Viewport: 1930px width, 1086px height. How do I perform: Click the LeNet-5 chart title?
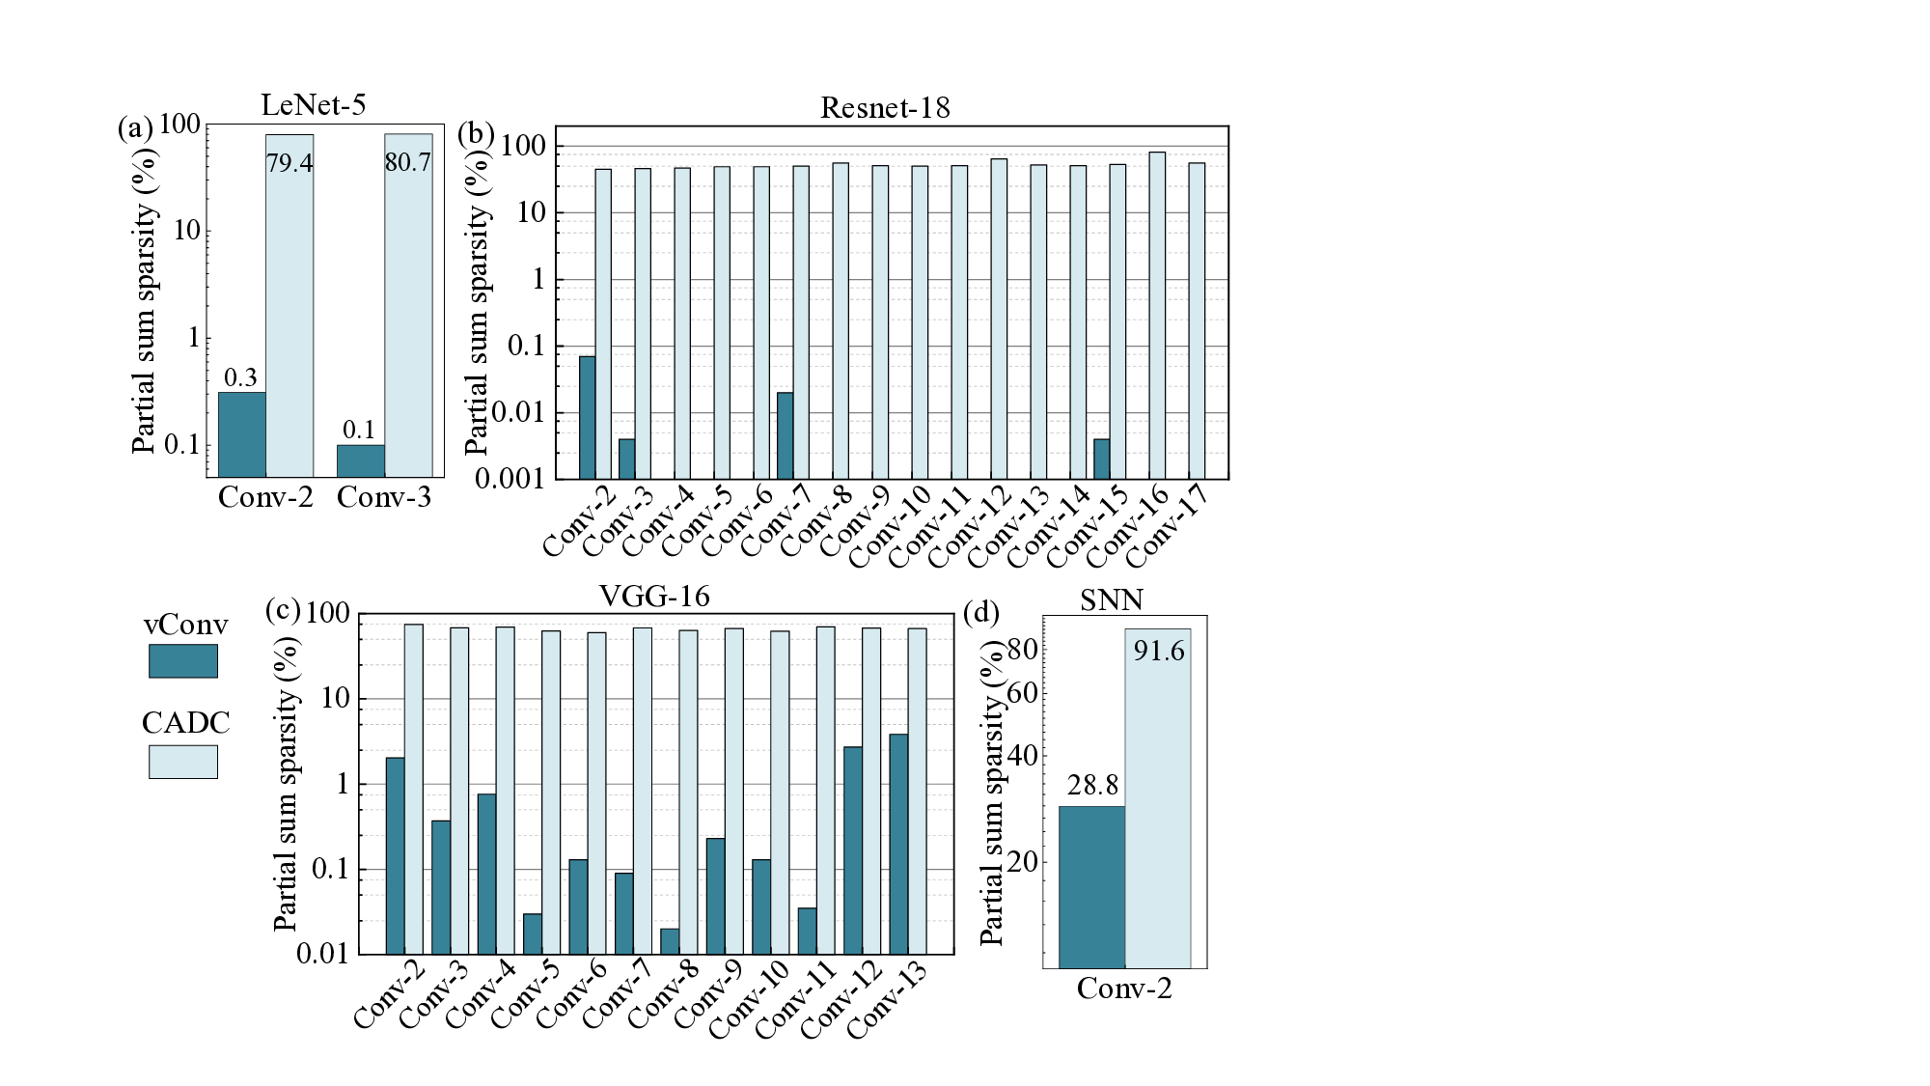pos(314,105)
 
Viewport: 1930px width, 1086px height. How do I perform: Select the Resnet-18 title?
pos(885,108)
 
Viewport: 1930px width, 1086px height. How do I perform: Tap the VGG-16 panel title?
pos(654,597)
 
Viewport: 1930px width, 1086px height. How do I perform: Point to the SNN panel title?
pos(1112,600)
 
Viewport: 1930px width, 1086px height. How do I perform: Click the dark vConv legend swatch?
pos(182,661)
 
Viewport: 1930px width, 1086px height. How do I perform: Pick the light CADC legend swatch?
pos(182,761)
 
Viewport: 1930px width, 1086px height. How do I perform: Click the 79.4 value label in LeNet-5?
pos(289,163)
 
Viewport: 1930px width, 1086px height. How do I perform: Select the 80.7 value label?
pos(407,162)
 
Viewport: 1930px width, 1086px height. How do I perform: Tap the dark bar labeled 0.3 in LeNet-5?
pos(242,434)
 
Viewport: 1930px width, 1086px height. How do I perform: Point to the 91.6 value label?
pos(1158,652)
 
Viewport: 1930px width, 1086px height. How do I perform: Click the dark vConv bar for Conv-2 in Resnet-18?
pos(587,417)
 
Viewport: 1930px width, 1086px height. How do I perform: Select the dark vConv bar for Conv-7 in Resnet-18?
pos(786,435)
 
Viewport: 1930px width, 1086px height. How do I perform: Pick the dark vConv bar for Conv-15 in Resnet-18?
pos(1102,459)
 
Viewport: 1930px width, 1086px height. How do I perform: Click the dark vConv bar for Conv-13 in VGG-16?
pos(898,844)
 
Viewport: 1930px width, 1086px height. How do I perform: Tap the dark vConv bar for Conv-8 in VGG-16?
pos(670,941)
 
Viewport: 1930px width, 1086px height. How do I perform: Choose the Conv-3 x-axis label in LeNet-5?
pos(384,497)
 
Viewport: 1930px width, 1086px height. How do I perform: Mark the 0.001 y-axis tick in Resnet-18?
pos(509,480)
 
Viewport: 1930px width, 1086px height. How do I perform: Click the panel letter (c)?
pos(282,611)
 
